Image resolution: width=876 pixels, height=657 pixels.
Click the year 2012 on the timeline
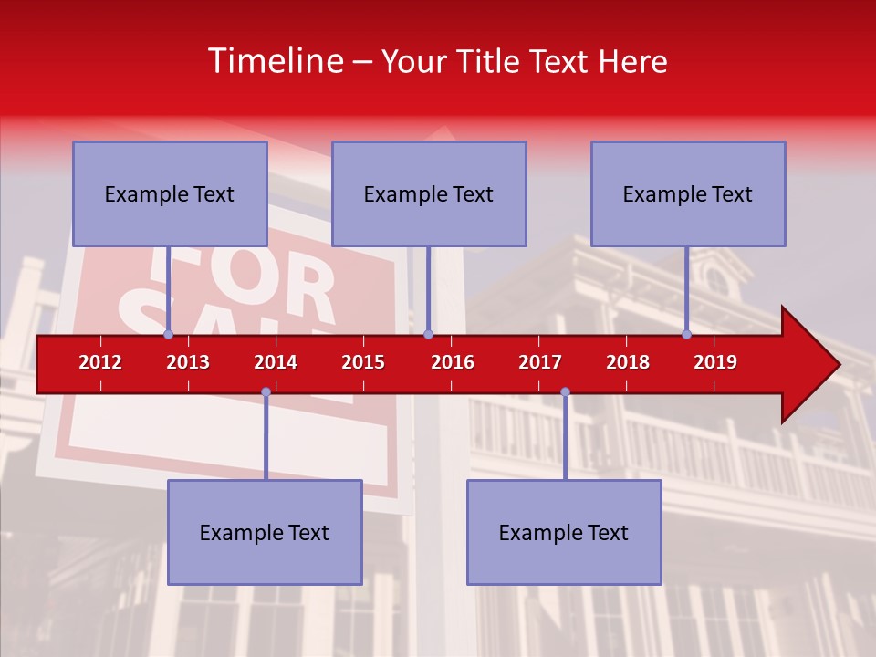coord(100,362)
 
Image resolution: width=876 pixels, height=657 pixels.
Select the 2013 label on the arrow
coord(188,362)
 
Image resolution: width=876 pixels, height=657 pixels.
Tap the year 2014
coord(276,362)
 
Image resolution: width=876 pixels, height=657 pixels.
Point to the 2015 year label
coord(363,362)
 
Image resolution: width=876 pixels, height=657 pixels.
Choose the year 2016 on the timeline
coord(453,362)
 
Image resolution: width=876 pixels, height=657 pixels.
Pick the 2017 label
coord(540,362)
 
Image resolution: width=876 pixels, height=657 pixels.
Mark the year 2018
coord(628,362)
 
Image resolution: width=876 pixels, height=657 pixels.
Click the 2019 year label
coord(715,362)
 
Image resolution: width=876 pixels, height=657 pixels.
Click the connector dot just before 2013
coord(168,334)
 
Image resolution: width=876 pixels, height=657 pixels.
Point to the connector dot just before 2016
coord(428,334)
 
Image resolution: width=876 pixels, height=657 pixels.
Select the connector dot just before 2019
coord(686,334)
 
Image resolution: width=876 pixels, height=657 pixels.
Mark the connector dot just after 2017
coord(565,392)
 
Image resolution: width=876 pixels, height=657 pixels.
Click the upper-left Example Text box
coord(170,193)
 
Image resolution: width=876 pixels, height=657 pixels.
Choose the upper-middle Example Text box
coord(429,193)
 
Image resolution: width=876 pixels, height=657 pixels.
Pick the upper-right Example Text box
coord(688,193)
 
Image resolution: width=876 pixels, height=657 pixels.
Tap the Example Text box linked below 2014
coord(265,532)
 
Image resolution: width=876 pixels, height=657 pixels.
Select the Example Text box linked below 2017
coord(564,532)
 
